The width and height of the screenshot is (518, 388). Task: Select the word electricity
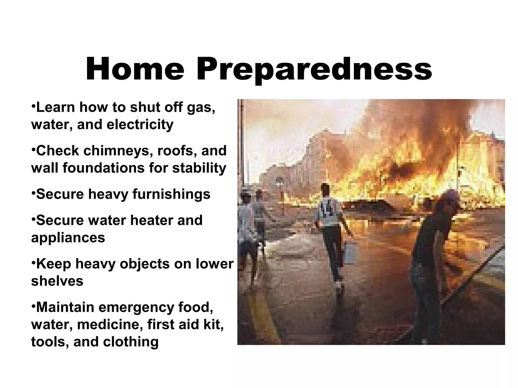[140, 125]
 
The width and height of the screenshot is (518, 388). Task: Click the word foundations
[104, 168]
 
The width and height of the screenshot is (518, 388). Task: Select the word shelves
[57, 281]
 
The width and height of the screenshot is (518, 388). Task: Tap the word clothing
[131, 342]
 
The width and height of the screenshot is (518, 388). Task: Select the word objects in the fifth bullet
[144, 264]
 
